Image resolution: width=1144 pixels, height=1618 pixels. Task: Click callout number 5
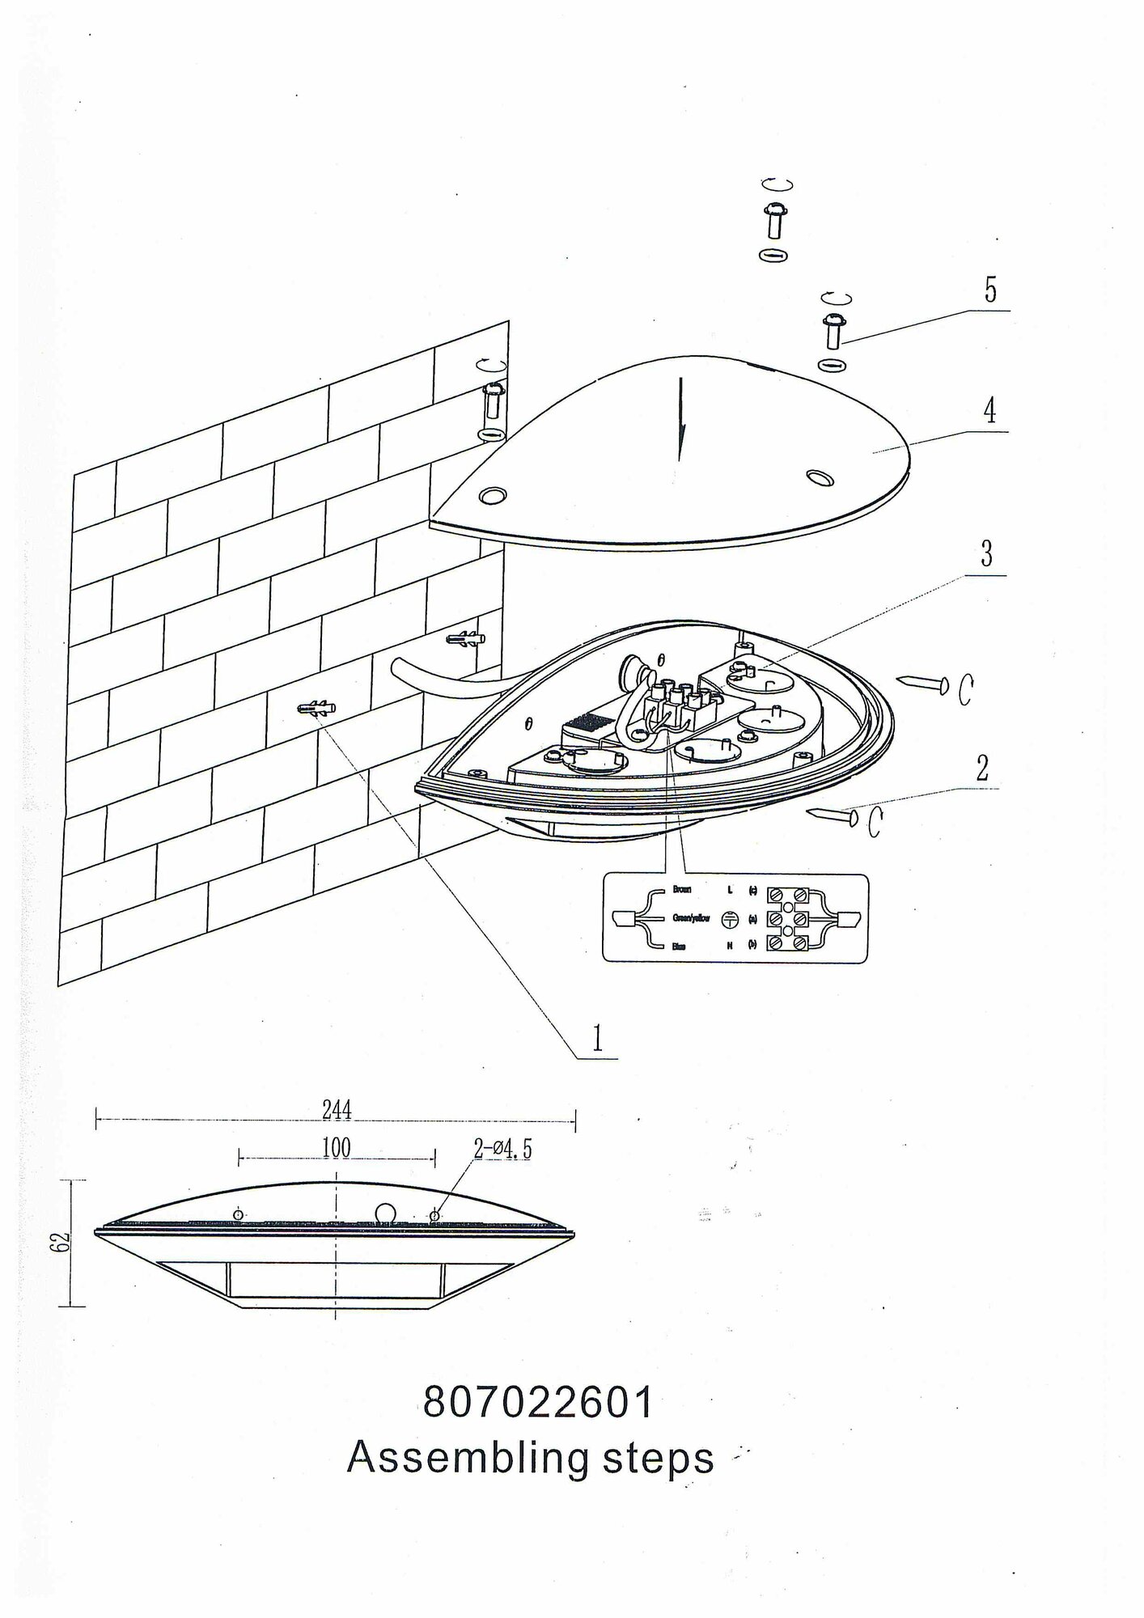point(990,290)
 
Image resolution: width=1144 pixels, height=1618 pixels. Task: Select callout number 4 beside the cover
point(989,412)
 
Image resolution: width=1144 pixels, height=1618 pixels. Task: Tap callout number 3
point(985,554)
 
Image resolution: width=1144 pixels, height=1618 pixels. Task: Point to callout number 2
point(982,768)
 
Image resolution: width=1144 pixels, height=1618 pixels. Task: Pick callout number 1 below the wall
point(597,1038)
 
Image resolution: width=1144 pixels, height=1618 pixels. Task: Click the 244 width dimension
point(337,1110)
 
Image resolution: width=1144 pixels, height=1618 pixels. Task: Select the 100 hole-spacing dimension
point(336,1148)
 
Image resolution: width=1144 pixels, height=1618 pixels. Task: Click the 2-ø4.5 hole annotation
point(502,1150)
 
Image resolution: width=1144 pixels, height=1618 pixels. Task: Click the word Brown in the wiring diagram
point(682,890)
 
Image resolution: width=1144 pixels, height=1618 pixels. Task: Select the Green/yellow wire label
point(691,918)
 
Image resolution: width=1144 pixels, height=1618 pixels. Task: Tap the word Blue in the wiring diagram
point(680,946)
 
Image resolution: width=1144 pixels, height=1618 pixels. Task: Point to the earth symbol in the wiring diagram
point(730,918)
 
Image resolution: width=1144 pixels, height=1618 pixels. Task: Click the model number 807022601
point(538,1404)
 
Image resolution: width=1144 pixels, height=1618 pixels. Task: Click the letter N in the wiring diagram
point(730,946)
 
